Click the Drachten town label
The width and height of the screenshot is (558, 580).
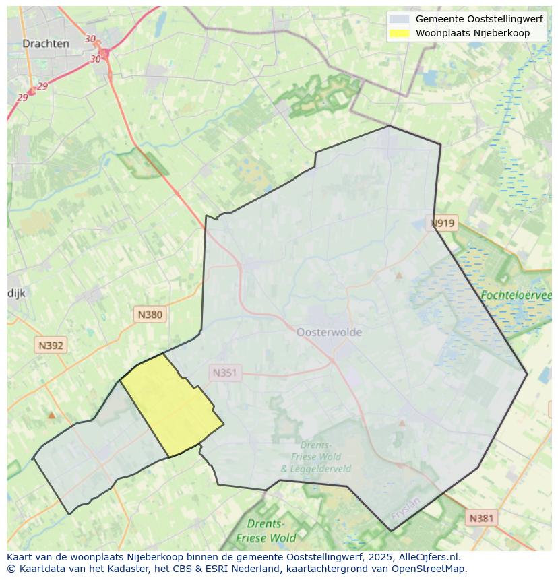(45, 44)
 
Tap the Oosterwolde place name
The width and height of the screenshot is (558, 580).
(329, 332)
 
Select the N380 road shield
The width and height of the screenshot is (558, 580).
(150, 314)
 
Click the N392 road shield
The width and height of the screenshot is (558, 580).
(51, 346)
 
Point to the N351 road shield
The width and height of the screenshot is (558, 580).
(225, 373)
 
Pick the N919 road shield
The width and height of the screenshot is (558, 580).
(443, 223)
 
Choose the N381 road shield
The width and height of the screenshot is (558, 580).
(481, 517)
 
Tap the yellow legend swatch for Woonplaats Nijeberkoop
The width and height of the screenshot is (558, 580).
(399, 33)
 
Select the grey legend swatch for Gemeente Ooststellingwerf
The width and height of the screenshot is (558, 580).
(399, 20)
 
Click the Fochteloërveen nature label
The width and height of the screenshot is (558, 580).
(516, 295)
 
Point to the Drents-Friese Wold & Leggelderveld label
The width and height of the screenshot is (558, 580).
(315, 457)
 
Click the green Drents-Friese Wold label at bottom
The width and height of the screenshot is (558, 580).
(266, 531)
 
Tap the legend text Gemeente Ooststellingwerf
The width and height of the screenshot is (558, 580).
(478, 20)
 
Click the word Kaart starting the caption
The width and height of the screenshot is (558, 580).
(21, 557)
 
